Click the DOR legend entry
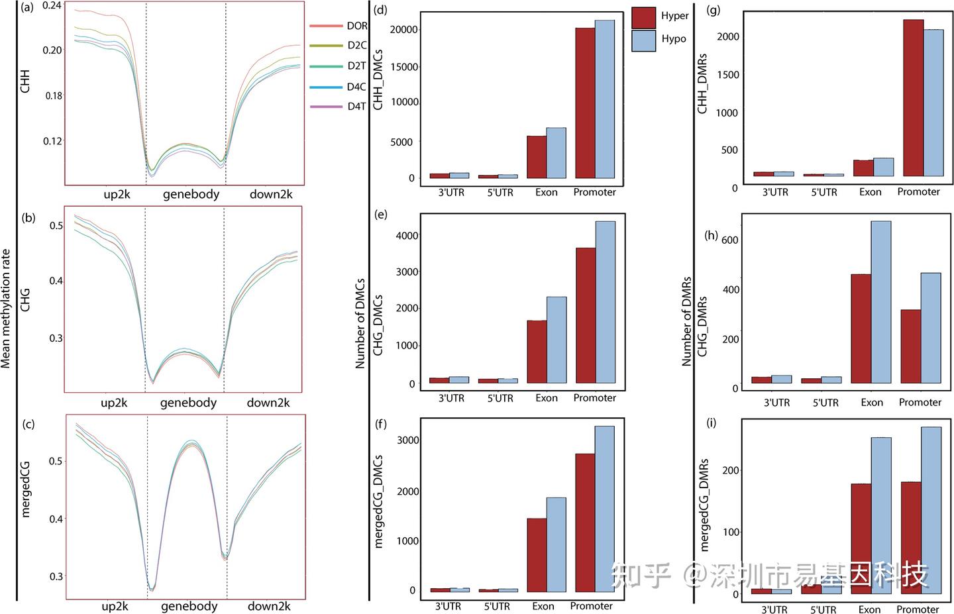pyautogui.click(x=356, y=26)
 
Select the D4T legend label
pyautogui.click(x=356, y=106)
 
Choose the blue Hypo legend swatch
pyautogui.click(x=643, y=40)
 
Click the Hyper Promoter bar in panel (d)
pyautogui.click(x=585, y=103)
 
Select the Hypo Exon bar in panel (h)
pyautogui.click(x=880, y=302)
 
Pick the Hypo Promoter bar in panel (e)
pyautogui.click(x=605, y=302)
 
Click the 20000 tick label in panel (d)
pyautogui.click(x=404, y=29)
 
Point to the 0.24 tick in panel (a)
pyautogui.click(x=52, y=6)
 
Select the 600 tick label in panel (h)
pyautogui.click(x=729, y=240)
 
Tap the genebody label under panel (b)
pyautogui.click(x=188, y=403)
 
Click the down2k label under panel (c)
pyautogui.click(x=269, y=606)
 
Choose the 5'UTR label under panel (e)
pyautogui.click(x=500, y=398)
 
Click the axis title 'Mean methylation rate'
pyautogui.click(x=7, y=308)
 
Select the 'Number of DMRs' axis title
pyautogui.click(x=686, y=321)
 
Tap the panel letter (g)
pyautogui.click(x=715, y=10)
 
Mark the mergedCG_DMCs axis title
pyautogui.click(x=380, y=501)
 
